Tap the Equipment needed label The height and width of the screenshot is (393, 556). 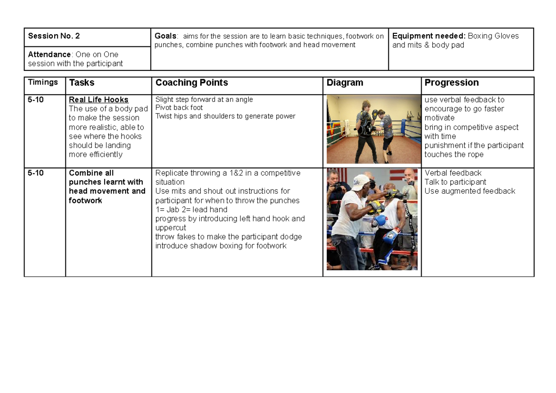point(429,36)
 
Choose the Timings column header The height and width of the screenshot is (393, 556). point(43,82)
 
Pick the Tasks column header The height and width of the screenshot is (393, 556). point(82,83)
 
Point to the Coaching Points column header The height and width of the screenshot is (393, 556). point(191,83)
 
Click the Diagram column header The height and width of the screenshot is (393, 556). point(345,83)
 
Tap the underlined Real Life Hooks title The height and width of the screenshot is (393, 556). point(98,100)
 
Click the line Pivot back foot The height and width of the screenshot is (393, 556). point(179,108)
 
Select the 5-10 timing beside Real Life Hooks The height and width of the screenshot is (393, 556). point(36,100)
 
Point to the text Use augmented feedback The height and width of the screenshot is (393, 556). point(469,191)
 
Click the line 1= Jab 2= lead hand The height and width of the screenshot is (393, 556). point(191,209)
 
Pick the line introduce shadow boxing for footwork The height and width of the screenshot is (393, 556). point(221,246)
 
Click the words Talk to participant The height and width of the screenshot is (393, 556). point(455,182)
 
